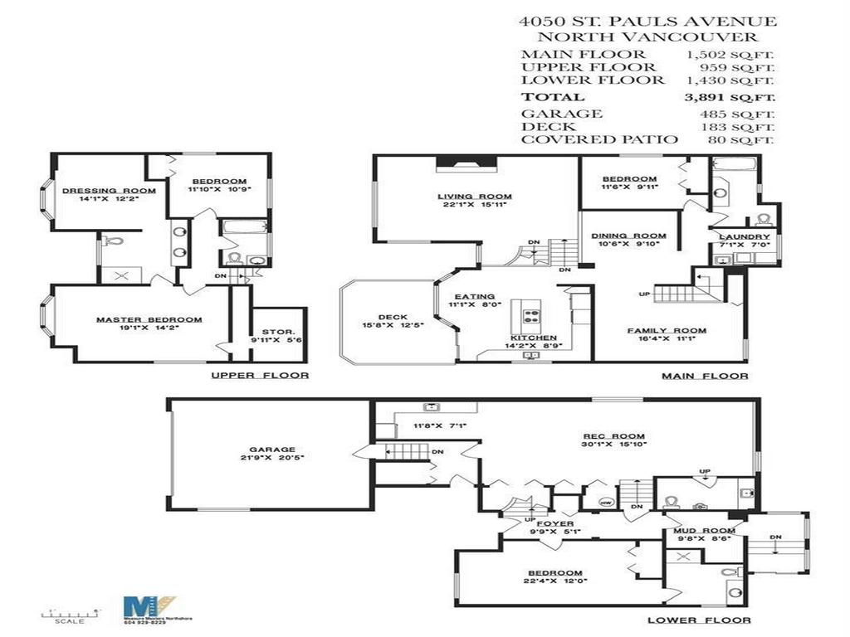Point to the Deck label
click(x=392, y=316)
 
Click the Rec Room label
click(x=613, y=436)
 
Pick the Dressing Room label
click(x=97, y=190)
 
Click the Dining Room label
click(x=628, y=236)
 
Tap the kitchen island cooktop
click(x=531, y=315)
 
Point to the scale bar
click(x=70, y=611)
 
